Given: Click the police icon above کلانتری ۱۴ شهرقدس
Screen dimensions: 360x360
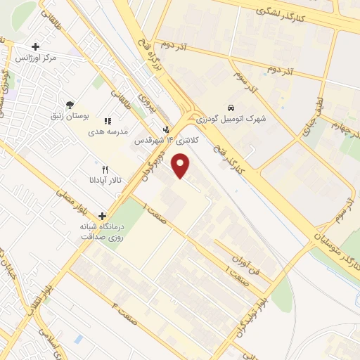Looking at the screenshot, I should (x=166, y=129).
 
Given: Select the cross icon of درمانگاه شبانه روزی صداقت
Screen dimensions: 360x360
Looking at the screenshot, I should (x=103, y=216).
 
